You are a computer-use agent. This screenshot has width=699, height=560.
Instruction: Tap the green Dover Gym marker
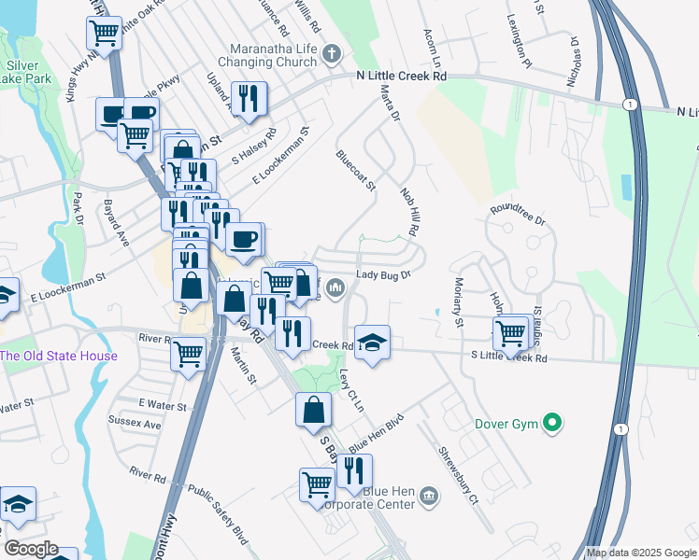(x=552, y=425)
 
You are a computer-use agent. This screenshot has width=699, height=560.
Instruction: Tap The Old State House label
(x=59, y=356)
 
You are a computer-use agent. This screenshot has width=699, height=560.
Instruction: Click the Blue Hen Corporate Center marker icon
(x=428, y=494)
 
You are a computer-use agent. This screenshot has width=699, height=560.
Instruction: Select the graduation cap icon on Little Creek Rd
(x=372, y=342)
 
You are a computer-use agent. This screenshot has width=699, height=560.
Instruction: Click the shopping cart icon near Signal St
(x=510, y=331)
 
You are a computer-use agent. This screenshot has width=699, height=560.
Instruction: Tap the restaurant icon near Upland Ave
(x=249, y=98)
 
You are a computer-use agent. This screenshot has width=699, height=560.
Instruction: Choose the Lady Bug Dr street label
(x=384, y=276)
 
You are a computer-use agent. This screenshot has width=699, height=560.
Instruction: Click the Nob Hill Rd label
(x=408, y=210)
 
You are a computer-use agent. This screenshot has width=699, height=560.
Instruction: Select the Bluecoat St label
(x=356, y=171)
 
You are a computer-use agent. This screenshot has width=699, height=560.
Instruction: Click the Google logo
(x=31, y=549)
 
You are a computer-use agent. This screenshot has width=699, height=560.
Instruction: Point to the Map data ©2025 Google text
(x=640, y=553)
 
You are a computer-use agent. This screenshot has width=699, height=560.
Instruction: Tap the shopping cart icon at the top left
(x=105, y=34)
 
